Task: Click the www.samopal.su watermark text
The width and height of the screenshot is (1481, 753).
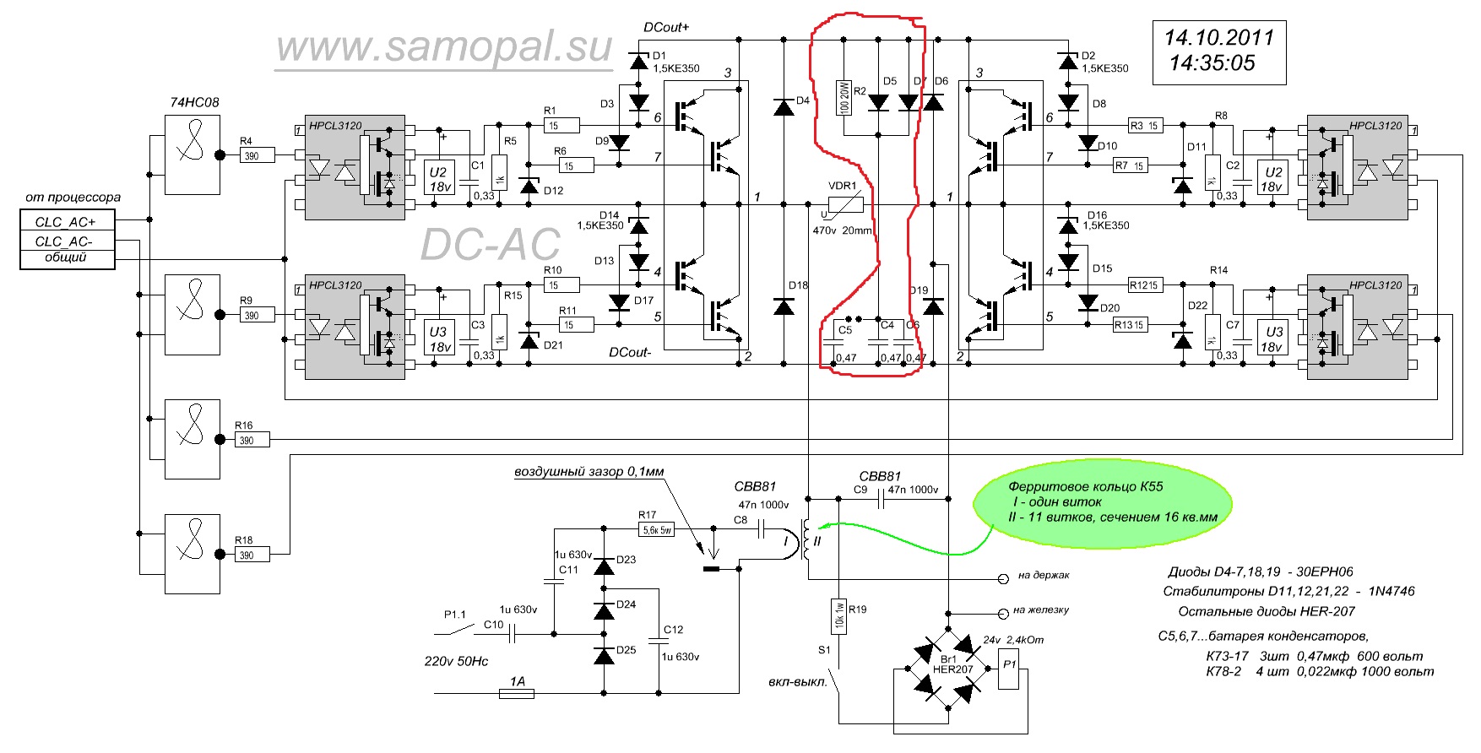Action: point(444,47)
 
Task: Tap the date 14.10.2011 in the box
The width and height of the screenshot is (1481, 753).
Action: point(1218,38)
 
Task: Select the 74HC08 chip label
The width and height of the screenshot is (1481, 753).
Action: point(194,102)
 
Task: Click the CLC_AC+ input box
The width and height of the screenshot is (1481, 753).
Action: point(67,222)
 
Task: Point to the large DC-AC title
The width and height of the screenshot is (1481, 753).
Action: point(490,245)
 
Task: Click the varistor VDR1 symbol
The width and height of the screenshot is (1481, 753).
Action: point(845,204)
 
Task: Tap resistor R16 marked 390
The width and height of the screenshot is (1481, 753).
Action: point(252,440)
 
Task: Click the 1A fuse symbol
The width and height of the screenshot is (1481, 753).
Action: point(517,693)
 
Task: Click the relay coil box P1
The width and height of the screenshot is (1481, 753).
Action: point(1010,670)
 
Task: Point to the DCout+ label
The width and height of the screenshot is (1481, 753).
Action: point(666,27)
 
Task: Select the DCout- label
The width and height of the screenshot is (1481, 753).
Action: point(630,352)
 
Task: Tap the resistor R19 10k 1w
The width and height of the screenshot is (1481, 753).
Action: point(838,615)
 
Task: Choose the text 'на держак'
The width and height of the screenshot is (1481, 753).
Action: point(1044,576)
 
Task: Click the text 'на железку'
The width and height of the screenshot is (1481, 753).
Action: point(1041,610)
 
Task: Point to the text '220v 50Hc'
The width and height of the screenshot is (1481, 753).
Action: point(456,661)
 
